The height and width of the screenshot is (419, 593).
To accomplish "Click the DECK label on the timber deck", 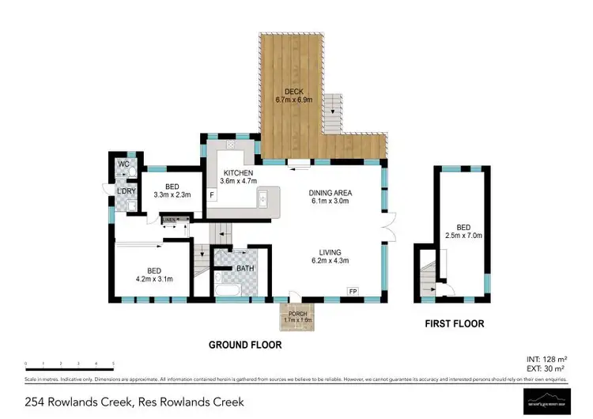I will [294, 92].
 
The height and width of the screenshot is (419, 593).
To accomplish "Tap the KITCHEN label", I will [238, 173].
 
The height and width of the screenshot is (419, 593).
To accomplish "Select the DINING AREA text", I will [330, 193].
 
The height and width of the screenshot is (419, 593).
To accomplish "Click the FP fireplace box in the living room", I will [353, 291].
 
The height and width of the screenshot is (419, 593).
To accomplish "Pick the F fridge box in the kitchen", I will [212, 194].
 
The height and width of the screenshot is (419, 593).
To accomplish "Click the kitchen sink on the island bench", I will [262, 199].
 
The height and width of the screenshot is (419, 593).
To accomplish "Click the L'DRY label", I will [125, 191].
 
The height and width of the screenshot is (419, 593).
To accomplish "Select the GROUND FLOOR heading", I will [245, 345].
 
